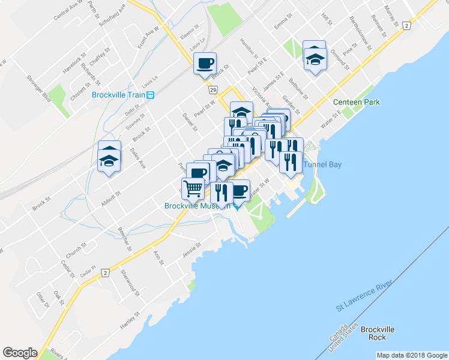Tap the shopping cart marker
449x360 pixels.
[193, 188]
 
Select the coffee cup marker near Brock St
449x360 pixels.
[205, 63]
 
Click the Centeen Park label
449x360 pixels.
[357, 102]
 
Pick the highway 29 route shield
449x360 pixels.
[212, 89]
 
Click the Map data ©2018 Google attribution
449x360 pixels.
[411, 355]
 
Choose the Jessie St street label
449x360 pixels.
[192, 251]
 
